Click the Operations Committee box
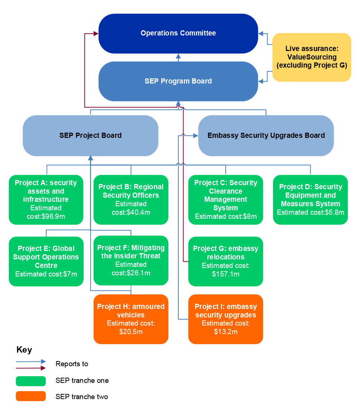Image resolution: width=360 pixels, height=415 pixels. (178, 33)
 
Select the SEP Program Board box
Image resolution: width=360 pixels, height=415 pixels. (178, 81)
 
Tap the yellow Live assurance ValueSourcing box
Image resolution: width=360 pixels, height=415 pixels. (312, 57)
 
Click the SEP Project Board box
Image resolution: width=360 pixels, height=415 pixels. (90, 135)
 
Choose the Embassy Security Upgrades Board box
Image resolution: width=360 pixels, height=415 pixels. (266, 135)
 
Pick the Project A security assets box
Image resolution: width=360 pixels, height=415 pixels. (46, 200)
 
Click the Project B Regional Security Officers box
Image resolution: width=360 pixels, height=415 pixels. (131, 200)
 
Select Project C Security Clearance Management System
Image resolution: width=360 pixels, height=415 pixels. (226, 200)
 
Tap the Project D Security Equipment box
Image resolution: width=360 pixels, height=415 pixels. (310, 200)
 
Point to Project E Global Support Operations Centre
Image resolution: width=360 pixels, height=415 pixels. (46, 261)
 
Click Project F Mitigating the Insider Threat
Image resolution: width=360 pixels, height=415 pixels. (131, 260)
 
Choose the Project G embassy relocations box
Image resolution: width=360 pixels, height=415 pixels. (226, 261)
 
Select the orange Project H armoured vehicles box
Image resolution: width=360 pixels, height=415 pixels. (131, 319)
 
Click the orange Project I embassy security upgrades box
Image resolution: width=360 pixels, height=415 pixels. (226, 319)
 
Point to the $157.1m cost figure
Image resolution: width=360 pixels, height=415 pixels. (226, 274)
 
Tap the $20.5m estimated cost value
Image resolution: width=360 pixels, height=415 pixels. (131, 332)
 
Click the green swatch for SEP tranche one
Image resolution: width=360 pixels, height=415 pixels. (31, 381)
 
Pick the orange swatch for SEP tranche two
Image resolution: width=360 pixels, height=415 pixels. (31, 396)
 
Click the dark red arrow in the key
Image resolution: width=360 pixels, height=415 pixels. (31, 368)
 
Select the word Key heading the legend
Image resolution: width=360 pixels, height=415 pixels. (24, 350)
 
